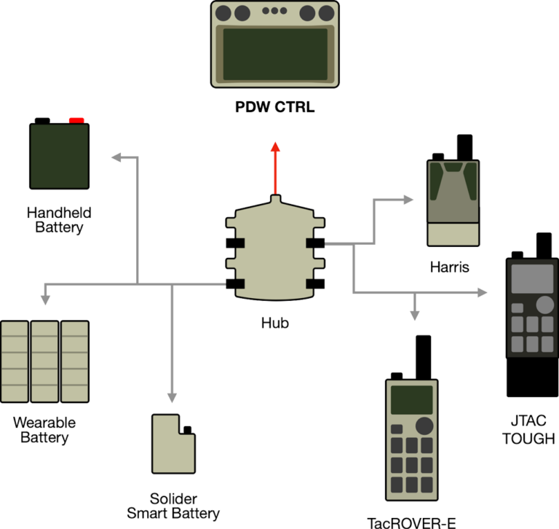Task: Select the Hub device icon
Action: [x=275, y=252]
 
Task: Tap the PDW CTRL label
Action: [x=275, y=108]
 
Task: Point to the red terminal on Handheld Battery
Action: [x=77, y=119]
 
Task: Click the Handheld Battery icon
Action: [x=59, y=154]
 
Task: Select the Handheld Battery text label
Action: [x=59, y=220]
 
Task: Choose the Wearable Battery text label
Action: [x=44, y=430]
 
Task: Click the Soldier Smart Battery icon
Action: [x=173, y=444]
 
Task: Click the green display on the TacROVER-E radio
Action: [x=411, y=400]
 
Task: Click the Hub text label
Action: [x=275, y=322]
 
